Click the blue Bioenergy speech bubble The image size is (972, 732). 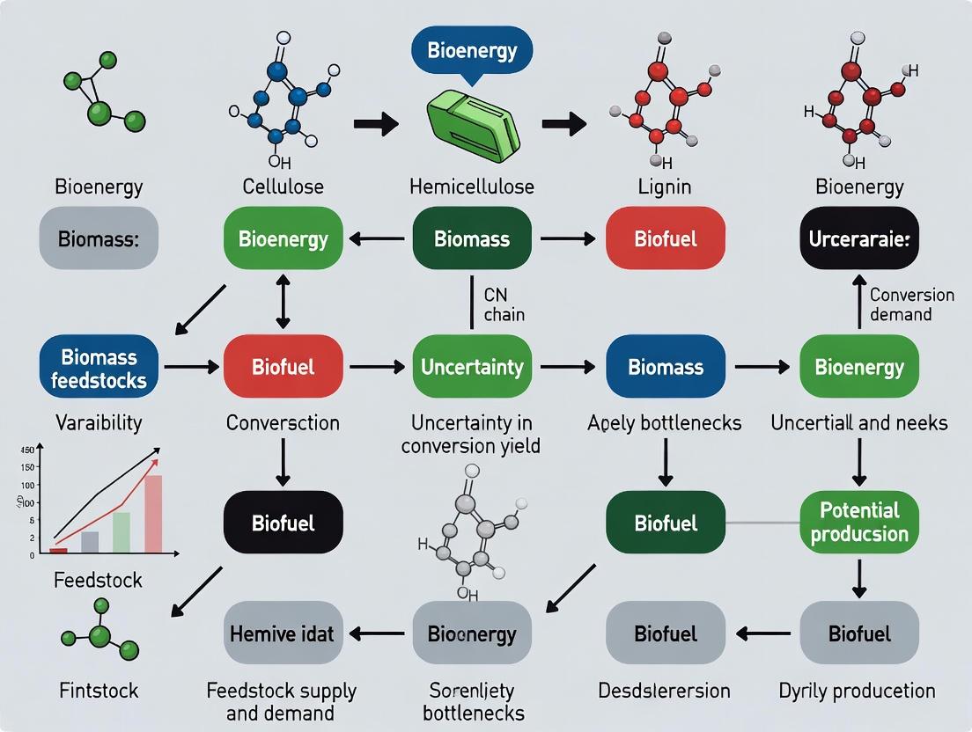pos(472,50)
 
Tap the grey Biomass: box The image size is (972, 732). pos(99,238)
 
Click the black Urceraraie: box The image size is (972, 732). pos(858,238)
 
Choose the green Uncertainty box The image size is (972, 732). pos(472,366)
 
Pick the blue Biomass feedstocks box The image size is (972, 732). pos(99,368)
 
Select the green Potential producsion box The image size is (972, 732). pos(858,522)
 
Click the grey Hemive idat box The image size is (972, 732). pos(282,633)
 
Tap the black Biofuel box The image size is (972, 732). pos(282,523)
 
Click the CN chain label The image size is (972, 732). pos(504,304)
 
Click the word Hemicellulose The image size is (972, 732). pos(472,187)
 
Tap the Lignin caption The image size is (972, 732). pos(665,187)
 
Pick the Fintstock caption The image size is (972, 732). pos(99,691)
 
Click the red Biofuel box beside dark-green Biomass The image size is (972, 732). pos(665,238)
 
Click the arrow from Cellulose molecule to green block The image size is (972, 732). pos(376,125)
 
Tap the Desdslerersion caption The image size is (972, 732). pos(665,691)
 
